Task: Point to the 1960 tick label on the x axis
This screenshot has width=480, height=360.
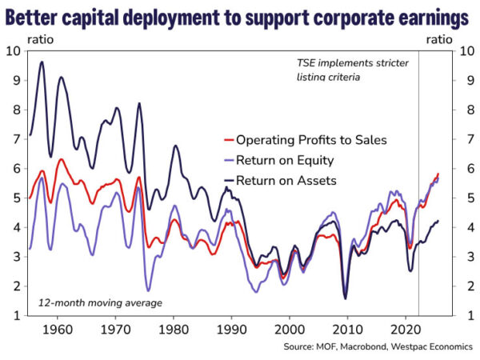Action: coord(57,328)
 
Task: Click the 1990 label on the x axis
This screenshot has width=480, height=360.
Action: coord(231,328)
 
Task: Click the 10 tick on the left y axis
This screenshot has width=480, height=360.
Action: coord(14,52)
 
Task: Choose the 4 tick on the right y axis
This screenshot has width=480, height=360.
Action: coord(462,228)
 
